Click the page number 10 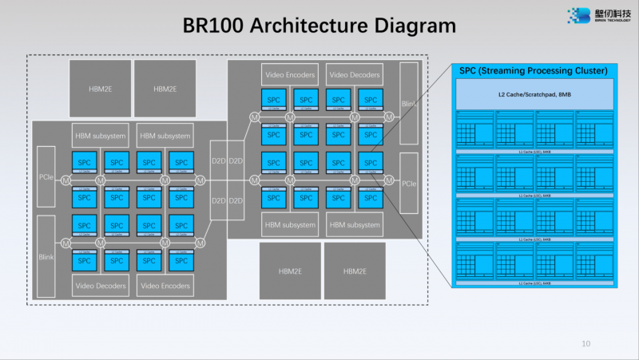pos(586,344)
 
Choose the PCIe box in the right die pos(409,184)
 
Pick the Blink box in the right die pos(409,104)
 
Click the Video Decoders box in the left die pos(100,285)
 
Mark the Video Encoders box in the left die pos(165,285)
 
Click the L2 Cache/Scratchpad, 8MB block pos(534,95)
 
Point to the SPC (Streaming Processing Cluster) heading pos(534,71)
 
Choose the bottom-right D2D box pos(236,200)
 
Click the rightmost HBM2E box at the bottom pos(355,271)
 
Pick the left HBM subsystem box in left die pos(100,136)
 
